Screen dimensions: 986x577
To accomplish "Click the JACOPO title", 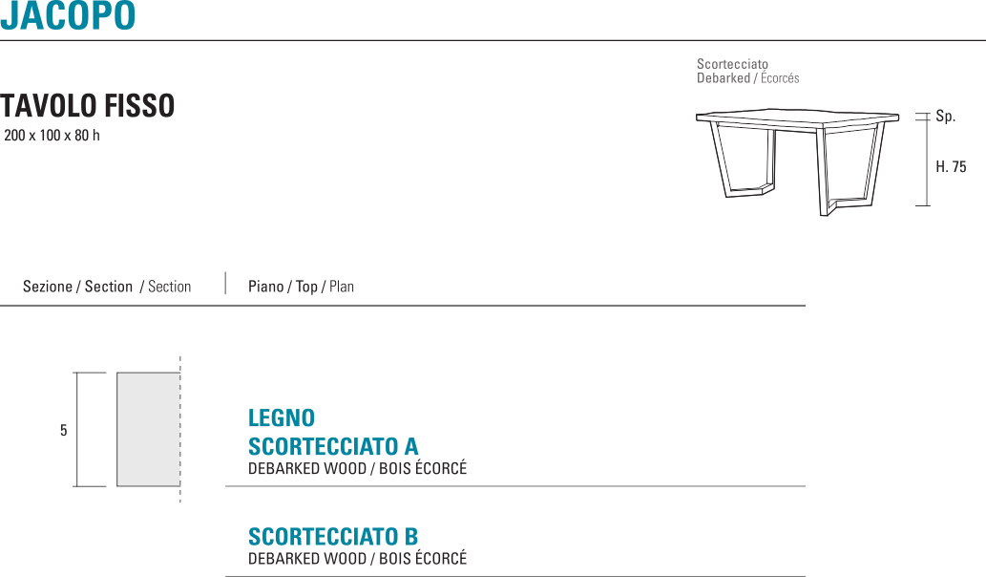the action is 68,16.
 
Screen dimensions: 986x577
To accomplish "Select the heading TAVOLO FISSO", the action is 88,106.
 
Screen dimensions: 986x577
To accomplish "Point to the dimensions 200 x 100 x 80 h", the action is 52,136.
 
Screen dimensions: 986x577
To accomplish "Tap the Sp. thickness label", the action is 945,117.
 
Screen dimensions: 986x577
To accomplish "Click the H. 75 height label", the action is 951,167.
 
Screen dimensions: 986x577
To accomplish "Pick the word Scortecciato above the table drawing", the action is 732,65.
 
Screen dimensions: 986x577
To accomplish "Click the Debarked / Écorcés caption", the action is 747,78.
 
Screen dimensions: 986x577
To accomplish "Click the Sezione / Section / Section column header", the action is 107,287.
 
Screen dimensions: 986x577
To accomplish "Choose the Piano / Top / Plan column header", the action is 301,287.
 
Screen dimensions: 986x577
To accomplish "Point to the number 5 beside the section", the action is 64,431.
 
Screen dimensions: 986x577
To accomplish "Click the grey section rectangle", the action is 148,429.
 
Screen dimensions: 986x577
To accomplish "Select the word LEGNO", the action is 282,418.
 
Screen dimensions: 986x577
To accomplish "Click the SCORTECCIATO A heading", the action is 333,447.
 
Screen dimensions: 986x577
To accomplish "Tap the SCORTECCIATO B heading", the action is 333,537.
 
